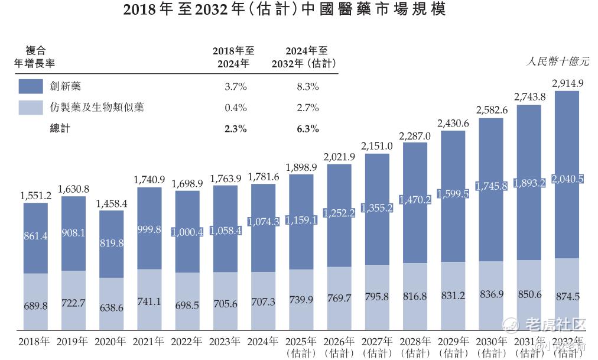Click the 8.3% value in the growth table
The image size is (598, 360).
(308, 86)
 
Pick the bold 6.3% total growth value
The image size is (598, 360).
(308, 128)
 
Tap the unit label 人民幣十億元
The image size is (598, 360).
(558, 61)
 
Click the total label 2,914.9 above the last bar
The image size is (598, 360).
(567, 83)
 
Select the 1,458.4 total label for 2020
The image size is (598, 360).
(111, 203)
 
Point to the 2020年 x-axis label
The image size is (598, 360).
(111, 342)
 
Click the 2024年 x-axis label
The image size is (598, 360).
(263, 342)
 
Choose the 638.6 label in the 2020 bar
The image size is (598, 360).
(111, 308)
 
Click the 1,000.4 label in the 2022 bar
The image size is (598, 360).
(187, 232)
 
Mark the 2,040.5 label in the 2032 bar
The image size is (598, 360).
(567, 179)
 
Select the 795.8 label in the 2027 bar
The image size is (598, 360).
(377, 297)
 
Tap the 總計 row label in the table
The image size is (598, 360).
(60, 128)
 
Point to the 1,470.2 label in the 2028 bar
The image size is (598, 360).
(415, 200)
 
